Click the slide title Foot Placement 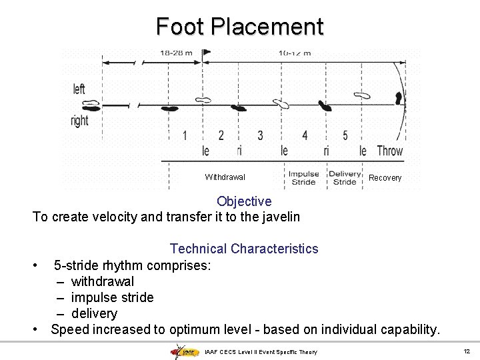(239, 27)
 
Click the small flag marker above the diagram (206, 51)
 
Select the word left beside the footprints (79, 89)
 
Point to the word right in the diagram (79, 121)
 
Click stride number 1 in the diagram (185, 136)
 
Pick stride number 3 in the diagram (260, 136)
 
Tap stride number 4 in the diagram (305, 136)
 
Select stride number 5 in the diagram (345, 136)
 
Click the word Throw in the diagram (390, 151)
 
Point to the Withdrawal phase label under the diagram (225, 177)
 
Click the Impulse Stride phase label (303, 178)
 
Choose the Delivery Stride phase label (345, 178)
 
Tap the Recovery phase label (385, 178)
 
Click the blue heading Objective (244, 201)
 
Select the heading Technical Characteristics (244, 249)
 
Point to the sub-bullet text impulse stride (112, 297)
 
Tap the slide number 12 (467, 351)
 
